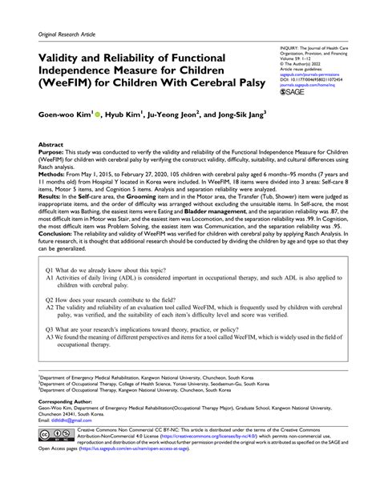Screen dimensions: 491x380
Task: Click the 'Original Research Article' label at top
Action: tap(66, 35)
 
